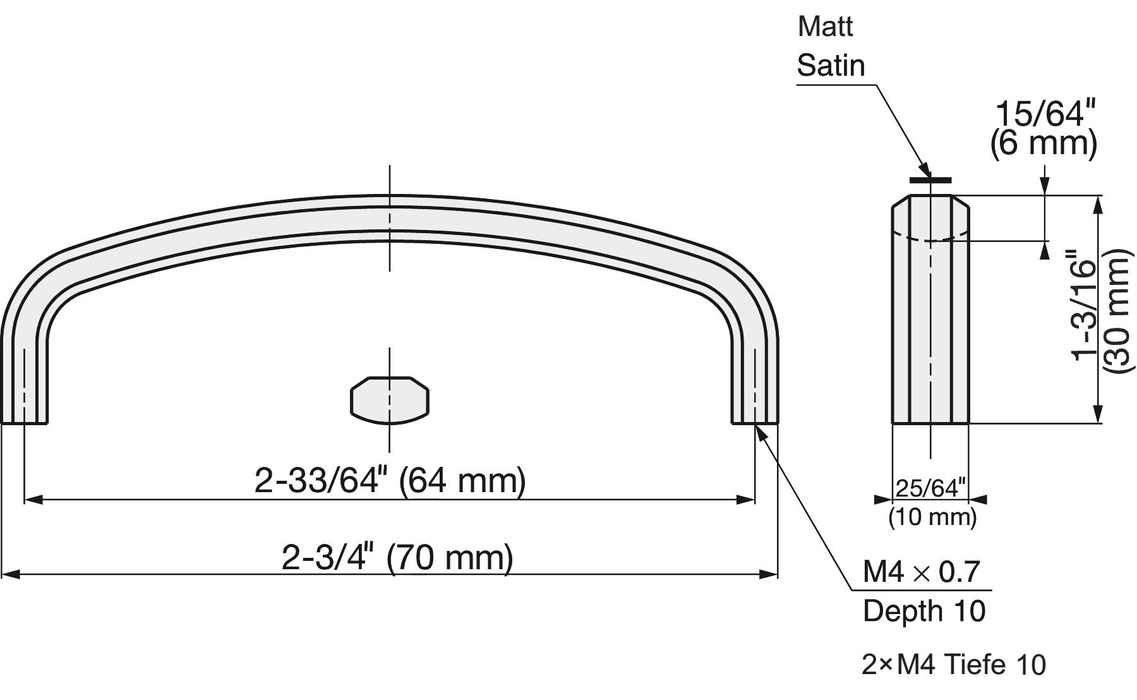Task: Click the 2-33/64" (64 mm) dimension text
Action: (390, 481)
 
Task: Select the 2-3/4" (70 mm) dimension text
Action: (397, 558)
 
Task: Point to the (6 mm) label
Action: (1044, 143)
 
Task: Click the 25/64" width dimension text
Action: (931, 488)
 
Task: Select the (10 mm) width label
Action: (932, 517)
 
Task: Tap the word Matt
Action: (825, 27)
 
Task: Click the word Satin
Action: (831, 66)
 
